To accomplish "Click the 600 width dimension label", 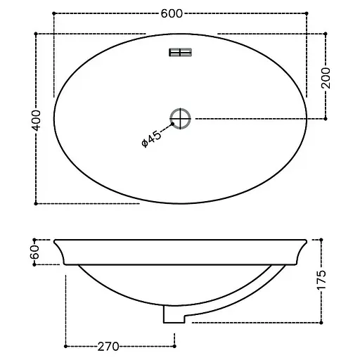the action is coord(172,13).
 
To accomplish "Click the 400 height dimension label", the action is coord(36,120).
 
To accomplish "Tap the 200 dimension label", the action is coord(326,78).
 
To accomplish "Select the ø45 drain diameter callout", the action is coord(152,139).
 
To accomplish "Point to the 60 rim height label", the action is coord(34,252).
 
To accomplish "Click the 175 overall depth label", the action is coord(321,280).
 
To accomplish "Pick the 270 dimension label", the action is coord(108,347).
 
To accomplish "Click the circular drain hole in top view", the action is coord(180,119).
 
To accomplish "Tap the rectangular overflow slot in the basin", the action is coord(180,53).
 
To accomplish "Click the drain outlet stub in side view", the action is coord(174,314).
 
